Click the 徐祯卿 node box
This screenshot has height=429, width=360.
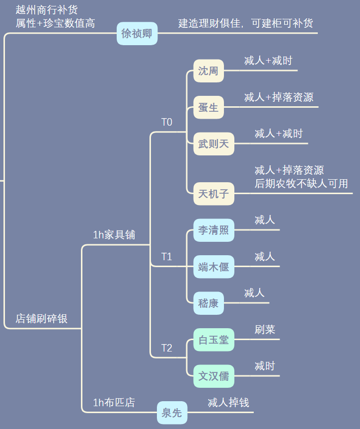(137, 33)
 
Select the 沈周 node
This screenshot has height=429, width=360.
(209, 71)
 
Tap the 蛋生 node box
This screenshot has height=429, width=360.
(209, 107)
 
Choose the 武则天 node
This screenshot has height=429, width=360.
(214, 144)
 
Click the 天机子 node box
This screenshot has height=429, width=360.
(214, 194)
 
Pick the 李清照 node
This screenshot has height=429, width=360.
(214, 230)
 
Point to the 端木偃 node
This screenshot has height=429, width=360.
(214, 267)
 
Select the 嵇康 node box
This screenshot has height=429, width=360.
(209, 303)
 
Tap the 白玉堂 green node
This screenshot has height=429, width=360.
(214, 340)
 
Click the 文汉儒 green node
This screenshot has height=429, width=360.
(214, 376)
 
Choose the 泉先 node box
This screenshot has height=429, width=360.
(172, 413)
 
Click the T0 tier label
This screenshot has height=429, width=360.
(167, 122)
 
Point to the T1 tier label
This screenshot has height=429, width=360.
(167, 257)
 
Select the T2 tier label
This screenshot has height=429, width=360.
(167, 348)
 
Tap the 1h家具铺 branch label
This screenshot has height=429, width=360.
(114, 235)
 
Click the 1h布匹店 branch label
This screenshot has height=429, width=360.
(114, 403)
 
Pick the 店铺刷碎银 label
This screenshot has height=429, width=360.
(42, 319)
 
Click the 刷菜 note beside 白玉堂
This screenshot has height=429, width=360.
(265, 329)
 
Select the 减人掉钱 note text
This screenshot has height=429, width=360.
(228, 403)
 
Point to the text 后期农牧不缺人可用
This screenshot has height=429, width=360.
(301, 183)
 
